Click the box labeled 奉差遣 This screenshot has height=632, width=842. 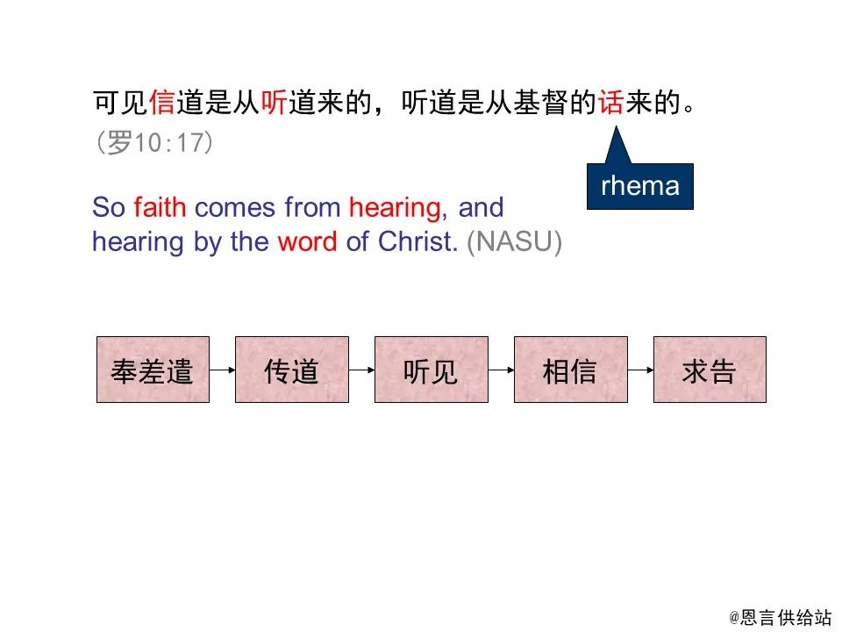(x=153, y=370)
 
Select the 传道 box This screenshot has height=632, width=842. (x=291, y=370)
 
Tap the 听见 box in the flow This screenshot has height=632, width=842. (x=431, y=370)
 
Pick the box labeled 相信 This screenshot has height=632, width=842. (x=570, y=370)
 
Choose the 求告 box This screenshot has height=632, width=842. (x=710, y=370)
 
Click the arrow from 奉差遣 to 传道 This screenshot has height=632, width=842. (x=223, y=370)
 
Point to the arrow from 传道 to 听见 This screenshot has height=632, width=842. (x=361, y=370)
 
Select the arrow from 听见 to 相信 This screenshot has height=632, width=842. (x=501, y=370)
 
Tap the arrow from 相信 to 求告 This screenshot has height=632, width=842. (x=640, y=370)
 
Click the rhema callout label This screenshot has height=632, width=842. (x=639, y=186)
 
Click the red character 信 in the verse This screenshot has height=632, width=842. (x=162, y=104)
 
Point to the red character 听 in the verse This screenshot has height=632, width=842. (x=275, y=104)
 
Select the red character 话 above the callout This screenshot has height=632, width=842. (x=610, y=104)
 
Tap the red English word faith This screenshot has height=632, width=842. (x=161, y=208)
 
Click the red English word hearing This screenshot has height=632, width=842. (x=394, y=208)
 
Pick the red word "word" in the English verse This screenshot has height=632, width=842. (x=307, y=242)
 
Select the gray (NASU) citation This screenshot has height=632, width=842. (x=514, y=242)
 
